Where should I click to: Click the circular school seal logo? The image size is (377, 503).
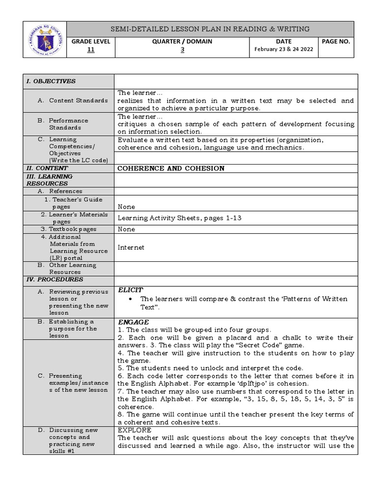[45, 39]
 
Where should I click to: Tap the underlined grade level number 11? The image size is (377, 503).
[91, 50]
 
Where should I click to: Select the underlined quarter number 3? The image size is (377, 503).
[182, 50]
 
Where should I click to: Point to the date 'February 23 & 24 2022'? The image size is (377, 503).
[284, 50]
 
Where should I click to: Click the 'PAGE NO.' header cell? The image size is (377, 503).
[336, 42]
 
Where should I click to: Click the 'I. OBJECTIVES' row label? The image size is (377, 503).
[51, 81]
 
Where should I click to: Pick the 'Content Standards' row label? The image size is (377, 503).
[78, 100]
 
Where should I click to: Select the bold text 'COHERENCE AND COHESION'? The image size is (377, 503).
[171, 168]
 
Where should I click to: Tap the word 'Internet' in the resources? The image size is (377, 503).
[131, 248]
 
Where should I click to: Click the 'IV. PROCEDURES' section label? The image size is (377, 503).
[54, 279]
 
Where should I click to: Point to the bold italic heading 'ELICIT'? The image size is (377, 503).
[131, 290]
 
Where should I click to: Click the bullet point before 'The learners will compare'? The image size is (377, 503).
[130, 299]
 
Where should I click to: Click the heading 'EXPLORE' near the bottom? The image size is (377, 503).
[135, 430]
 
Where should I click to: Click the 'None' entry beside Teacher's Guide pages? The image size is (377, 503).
[126, 207]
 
